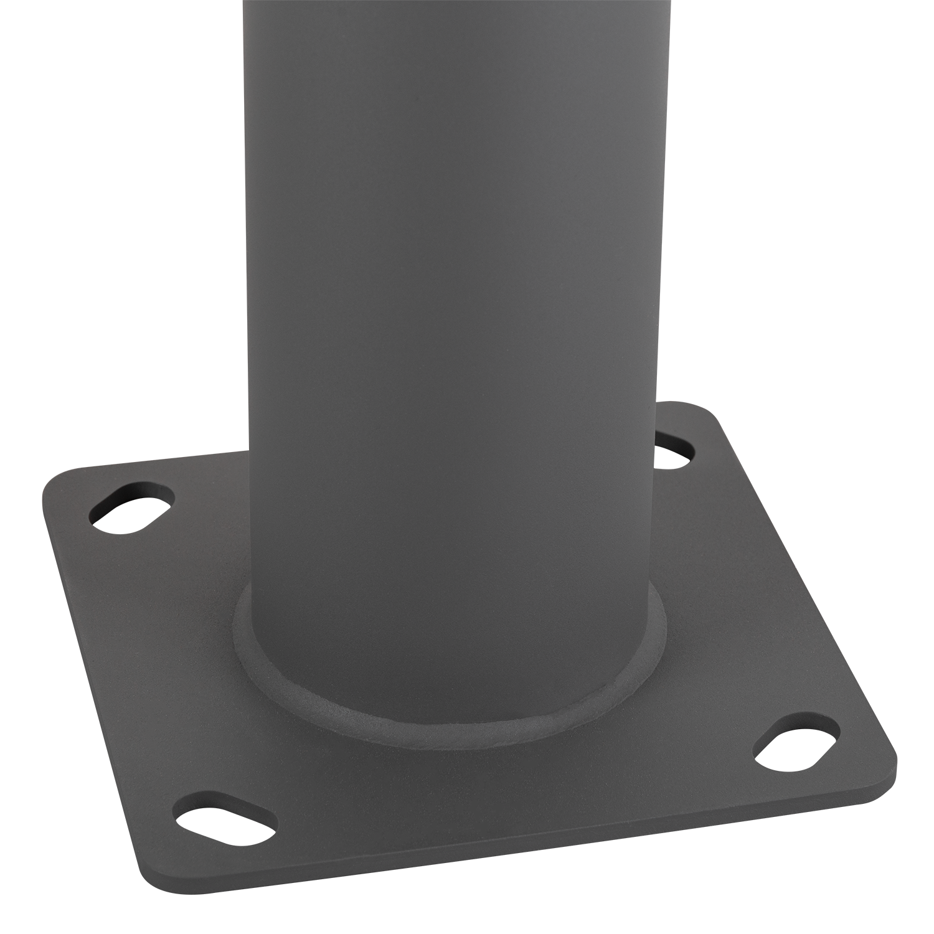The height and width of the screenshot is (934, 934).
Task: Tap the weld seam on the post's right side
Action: [x=659, y=629]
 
